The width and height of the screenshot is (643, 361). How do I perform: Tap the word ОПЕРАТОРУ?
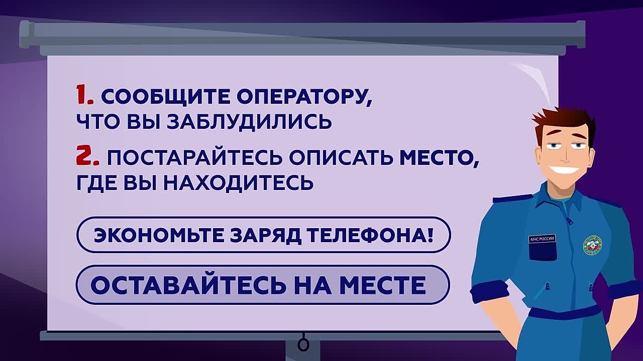pos(304,97)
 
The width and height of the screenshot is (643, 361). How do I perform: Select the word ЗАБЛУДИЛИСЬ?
pos(249,121)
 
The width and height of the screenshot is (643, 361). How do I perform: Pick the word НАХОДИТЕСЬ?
pos(239,183)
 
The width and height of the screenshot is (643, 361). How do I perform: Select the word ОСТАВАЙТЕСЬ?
pos(189,285)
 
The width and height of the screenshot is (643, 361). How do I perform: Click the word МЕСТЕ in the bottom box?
pos(383,285)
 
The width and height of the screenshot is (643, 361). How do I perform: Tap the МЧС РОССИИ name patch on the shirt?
pos(542,239)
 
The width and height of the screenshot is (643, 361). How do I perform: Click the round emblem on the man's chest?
pos(592,246)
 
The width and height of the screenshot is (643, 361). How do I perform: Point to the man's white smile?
pos(564,169)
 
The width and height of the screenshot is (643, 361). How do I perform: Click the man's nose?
pos(566,156)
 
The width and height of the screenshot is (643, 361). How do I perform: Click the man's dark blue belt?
pos(565,312)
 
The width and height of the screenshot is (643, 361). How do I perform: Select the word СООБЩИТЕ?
pos(166,97)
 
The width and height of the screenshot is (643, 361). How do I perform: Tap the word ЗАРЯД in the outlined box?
pos(265,236)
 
